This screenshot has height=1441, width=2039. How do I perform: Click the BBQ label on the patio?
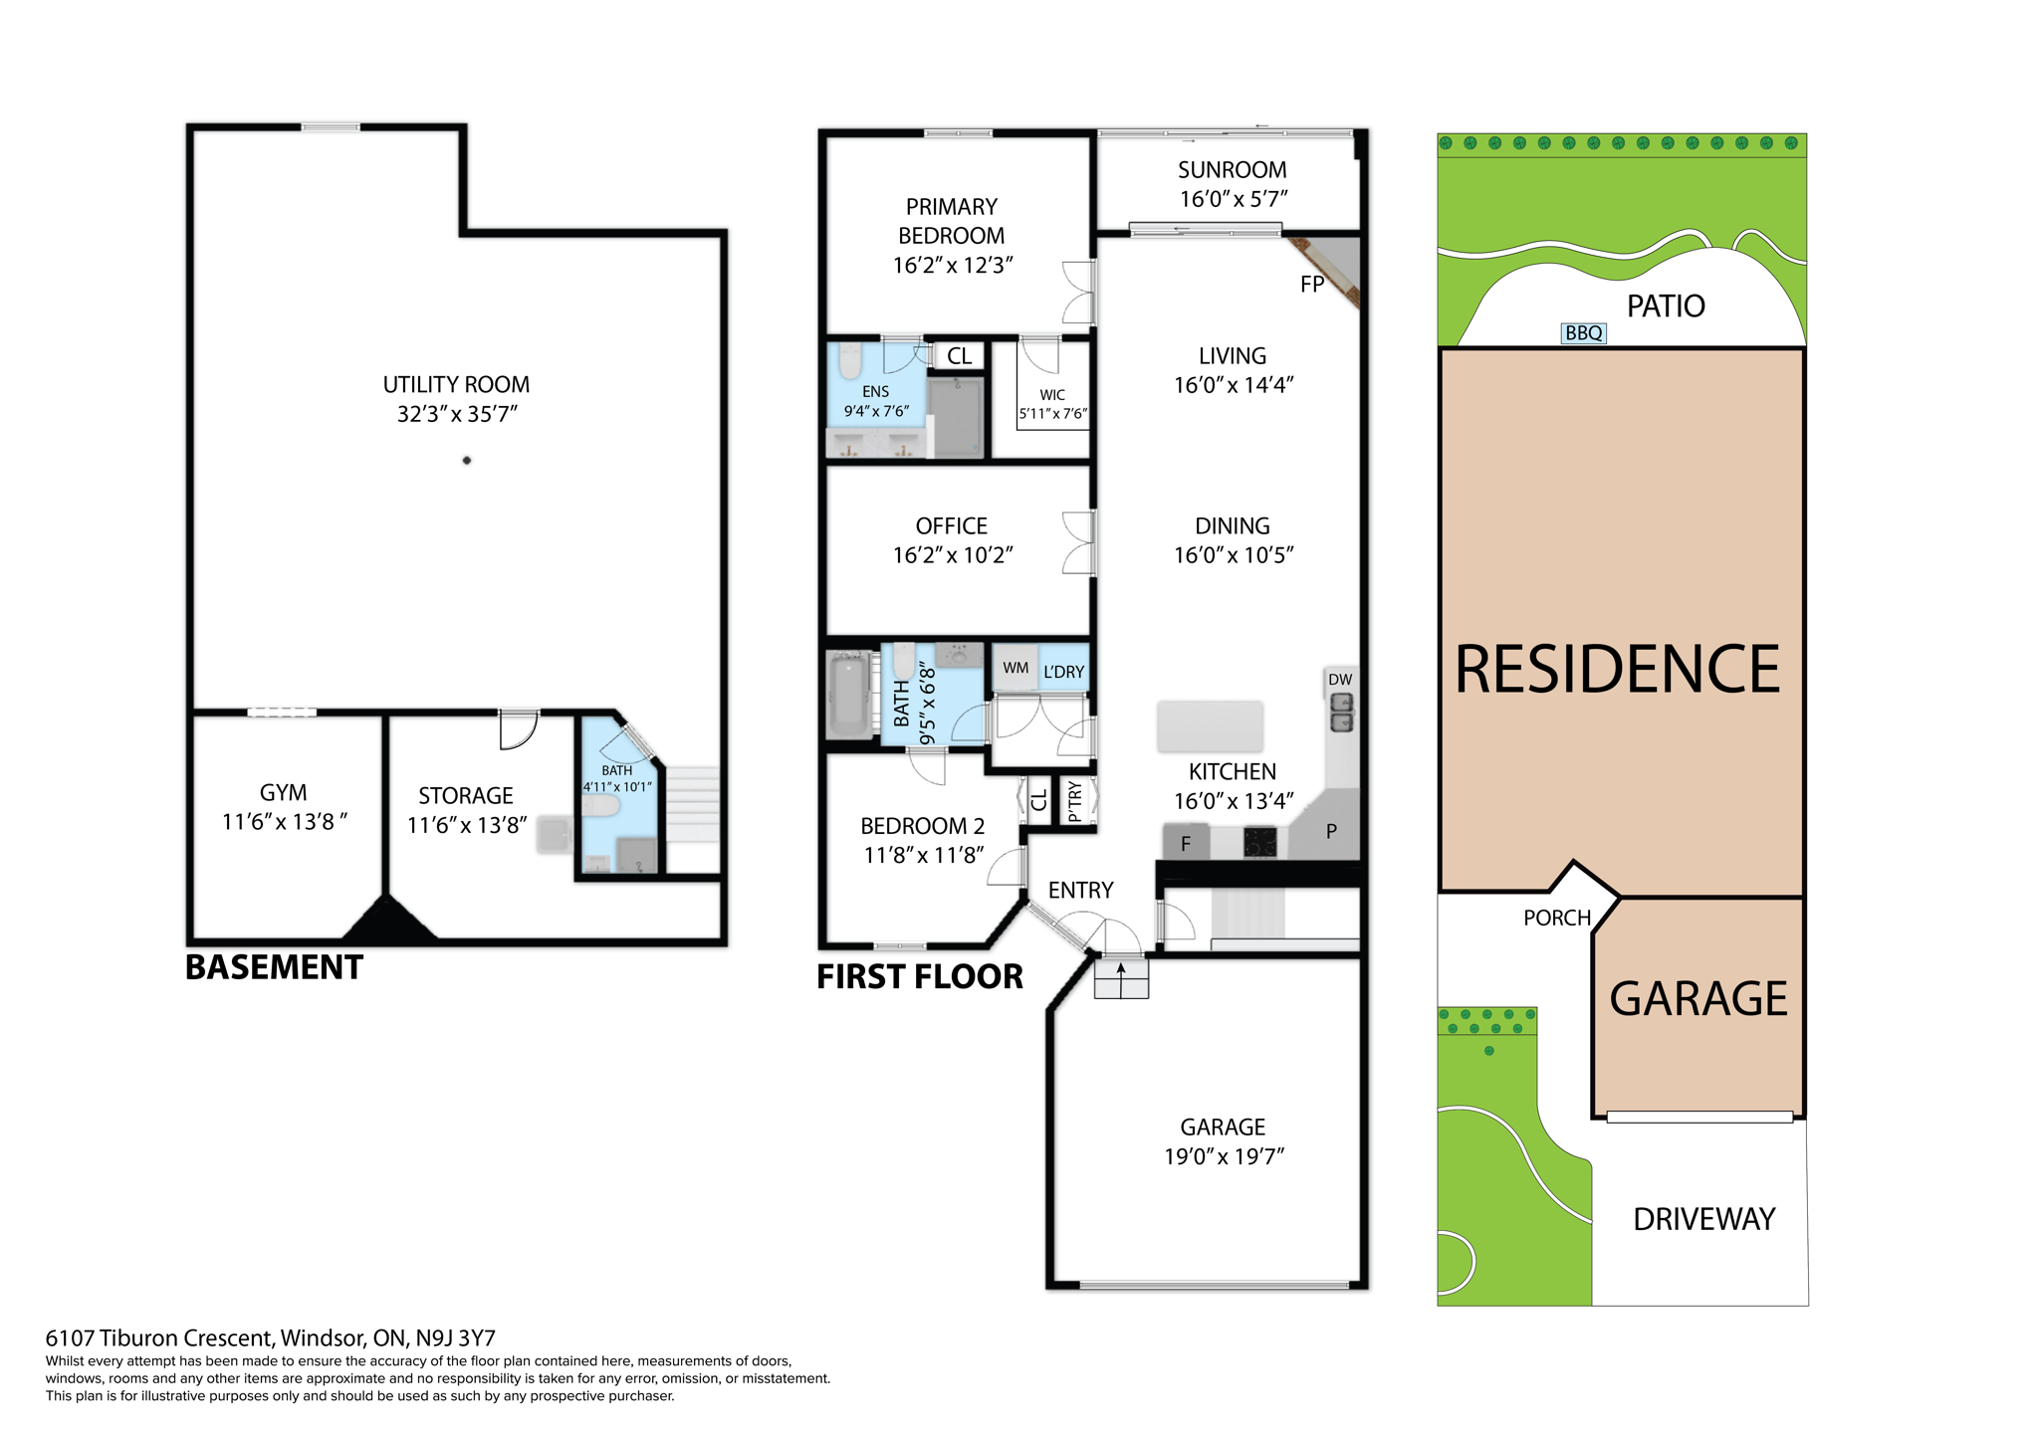click(x=1583, y=333)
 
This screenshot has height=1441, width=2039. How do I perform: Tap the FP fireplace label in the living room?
click(x=1312, y=285)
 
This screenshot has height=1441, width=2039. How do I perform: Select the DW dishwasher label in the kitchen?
click(x=1340, y=680)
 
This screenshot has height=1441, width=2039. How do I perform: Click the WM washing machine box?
click(x=1015, y=668)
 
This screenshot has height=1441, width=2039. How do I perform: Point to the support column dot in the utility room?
click(x=467, y=461)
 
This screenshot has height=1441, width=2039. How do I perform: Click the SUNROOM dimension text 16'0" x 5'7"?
click(x=1233, y=199)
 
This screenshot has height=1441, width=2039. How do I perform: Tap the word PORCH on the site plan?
click(x=1557, y=918)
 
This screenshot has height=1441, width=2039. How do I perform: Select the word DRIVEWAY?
click(x=1703, y=1219)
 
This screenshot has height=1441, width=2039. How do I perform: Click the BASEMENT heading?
click(x=274, y=967)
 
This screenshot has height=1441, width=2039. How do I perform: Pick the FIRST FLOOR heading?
click(x=919, y=977)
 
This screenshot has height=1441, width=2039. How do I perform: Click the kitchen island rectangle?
click(x=1210, y=725)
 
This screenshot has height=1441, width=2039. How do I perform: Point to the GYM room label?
click(x=284, y=793)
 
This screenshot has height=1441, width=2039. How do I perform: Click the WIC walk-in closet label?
click(x=1052, y=395)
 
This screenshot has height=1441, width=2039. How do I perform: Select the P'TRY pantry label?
click(x=1074, y=801)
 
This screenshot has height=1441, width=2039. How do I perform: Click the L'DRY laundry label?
click(x=1063, y=672)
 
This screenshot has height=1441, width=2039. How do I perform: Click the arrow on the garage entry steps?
click(x=1121, y=969)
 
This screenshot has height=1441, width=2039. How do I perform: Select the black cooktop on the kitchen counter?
click(x=1259, y=843)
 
